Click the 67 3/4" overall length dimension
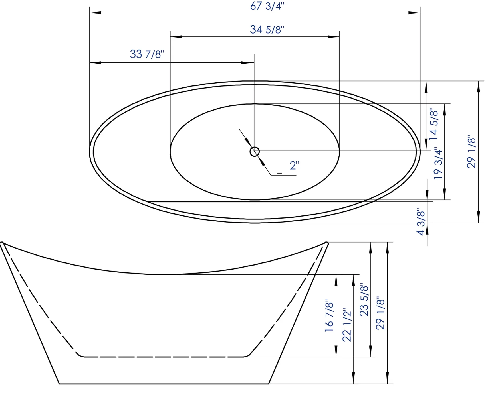267,6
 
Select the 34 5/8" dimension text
267,30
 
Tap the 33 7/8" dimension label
147,54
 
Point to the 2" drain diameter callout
295,166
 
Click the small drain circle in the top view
255,152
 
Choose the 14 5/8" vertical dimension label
434,124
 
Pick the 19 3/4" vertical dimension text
438,163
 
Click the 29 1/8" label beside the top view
471,152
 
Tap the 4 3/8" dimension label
421,221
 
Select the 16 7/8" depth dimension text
329,315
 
